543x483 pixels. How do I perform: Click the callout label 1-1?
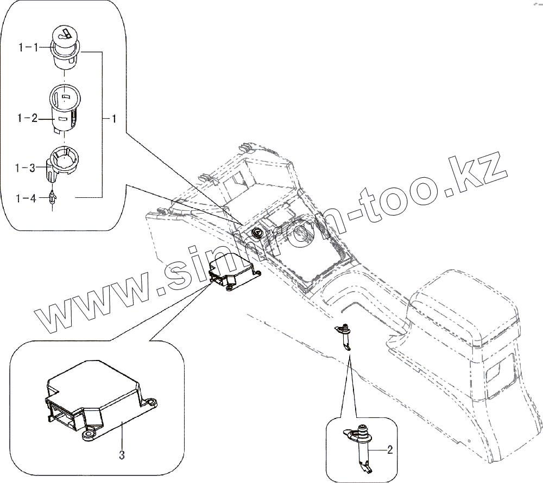point(28,48)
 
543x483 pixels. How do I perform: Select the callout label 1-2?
point(28,118)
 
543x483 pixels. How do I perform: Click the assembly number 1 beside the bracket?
point(113,118)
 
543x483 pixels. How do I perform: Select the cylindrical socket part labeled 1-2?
point(65,108)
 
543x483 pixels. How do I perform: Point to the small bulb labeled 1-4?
point(52,198)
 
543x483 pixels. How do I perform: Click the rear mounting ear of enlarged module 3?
point(151,402)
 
